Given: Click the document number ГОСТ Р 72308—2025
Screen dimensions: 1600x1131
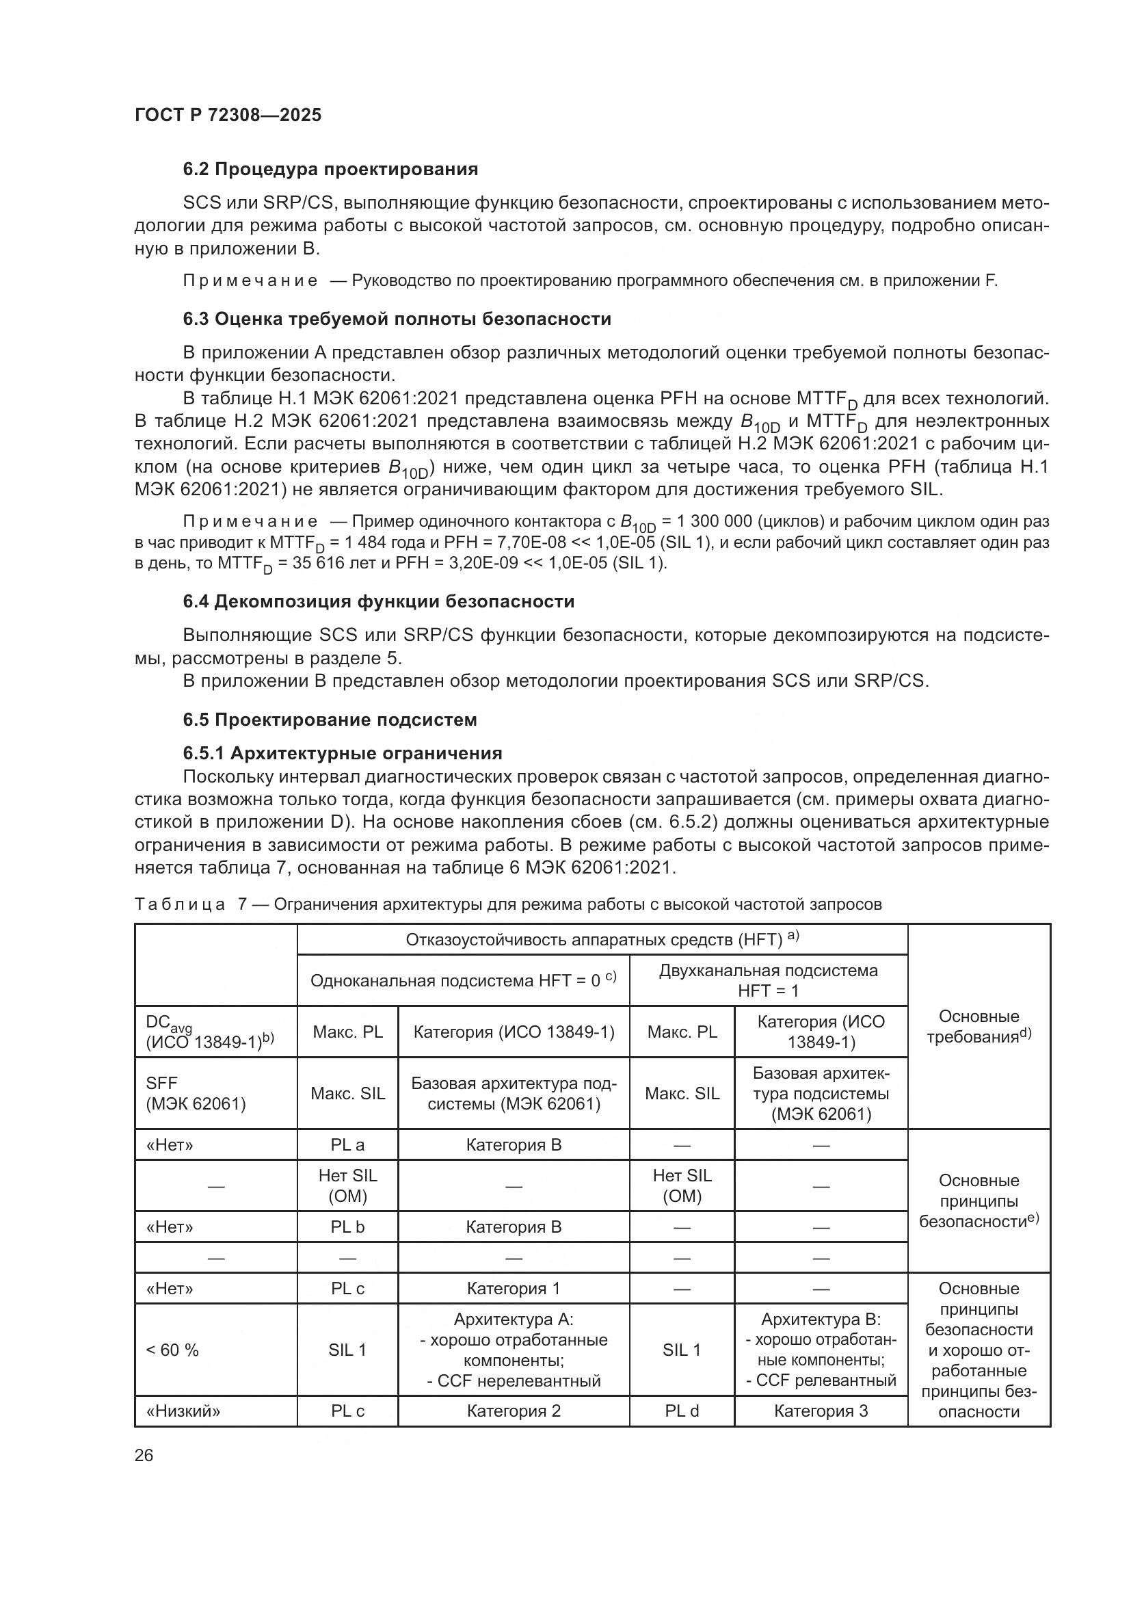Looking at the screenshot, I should [x=228, y=116].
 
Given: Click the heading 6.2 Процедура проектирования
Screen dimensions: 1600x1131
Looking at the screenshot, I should [x=330, y=170].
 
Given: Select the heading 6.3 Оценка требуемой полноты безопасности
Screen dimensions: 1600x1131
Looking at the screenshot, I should [x=397, y=319].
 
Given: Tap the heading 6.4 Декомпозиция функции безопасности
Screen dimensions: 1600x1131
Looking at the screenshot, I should [x=379, y=601].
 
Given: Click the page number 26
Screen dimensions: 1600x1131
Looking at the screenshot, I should [x=144, y=1456].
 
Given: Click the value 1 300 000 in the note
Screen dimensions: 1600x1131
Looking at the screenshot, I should [x=719, y=522].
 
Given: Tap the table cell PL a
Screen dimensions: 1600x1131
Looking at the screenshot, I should [x=347, y=1145].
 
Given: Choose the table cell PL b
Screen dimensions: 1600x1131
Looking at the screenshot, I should [x=347, y=1227].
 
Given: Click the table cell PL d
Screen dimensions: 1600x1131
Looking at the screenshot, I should [x=681, y=1411].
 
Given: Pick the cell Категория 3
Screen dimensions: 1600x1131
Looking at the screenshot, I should [x=821, y=1411].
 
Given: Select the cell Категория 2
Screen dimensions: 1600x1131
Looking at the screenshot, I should [x=514, y=1411].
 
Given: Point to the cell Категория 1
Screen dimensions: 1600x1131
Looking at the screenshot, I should [x=514, y=1289].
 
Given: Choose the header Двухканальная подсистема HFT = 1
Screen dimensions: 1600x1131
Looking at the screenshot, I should [x=768, y=980].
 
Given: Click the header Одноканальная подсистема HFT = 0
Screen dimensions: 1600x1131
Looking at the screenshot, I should [x=463, y=980].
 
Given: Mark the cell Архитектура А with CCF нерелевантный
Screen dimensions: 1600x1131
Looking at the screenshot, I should [x=514, y=1350].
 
